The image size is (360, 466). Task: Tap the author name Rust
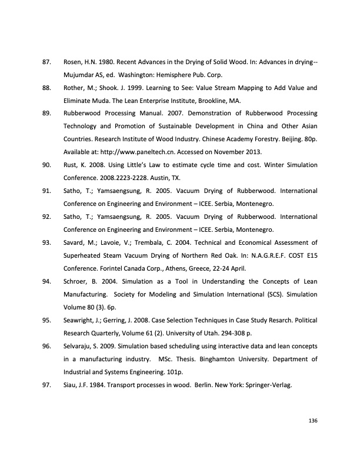[70, 165]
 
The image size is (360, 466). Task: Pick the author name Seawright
[79, 320]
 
